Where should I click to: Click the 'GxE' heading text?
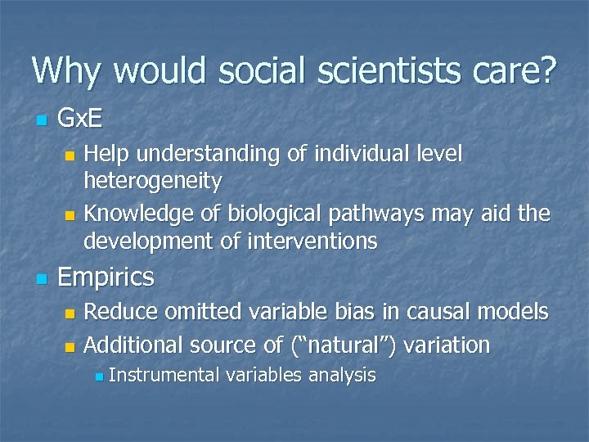click(80, 120)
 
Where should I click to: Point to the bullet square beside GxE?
click(43, 121)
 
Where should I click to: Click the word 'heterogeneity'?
click(152, 179)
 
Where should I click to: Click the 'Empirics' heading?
click(106, 277)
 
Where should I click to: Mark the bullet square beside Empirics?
click(43, 279)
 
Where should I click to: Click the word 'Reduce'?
click(122, 311)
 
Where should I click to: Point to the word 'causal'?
click(441, 311)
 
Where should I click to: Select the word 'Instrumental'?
click(164, 375)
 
